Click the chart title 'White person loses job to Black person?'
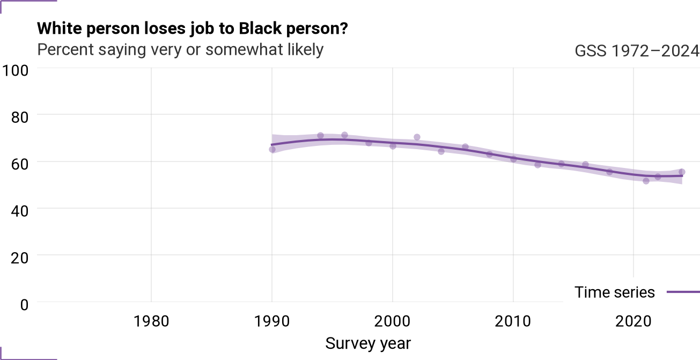(193, 29)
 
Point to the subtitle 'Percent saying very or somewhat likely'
(180, 50)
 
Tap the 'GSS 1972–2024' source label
(637, 50)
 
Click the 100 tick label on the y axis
(16, 70)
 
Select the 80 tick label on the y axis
(20, 117)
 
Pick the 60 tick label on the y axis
(20, 164)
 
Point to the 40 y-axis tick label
(20, 211)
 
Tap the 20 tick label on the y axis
(20, 258)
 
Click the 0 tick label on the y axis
(24, 305)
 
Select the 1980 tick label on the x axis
(151, 321)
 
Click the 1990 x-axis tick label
(272, 321)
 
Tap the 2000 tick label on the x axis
(393, 321)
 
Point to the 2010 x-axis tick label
(513, 321)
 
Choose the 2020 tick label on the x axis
(633, 321)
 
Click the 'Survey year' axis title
(368, 343)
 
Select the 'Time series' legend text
(614, 292)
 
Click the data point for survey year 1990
(272, 150)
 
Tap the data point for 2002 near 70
(417, 137)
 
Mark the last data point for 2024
(682, 172)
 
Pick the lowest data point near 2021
(646, 181)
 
